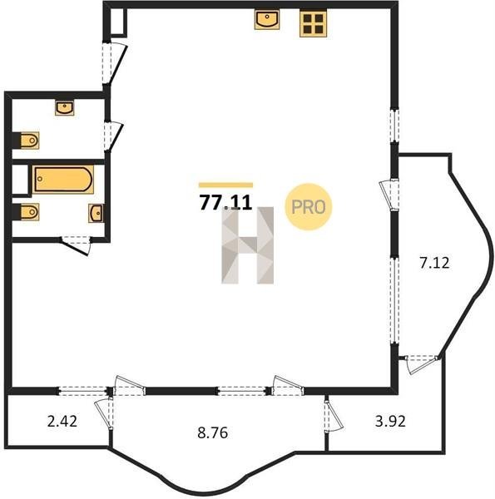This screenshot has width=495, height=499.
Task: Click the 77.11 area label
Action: click(x=225, y=202)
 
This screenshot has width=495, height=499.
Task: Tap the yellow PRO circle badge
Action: click(x=308, y=207)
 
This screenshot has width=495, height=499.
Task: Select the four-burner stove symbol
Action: click(x=314, y=24)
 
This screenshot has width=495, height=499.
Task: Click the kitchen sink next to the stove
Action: click(x=267, y=19)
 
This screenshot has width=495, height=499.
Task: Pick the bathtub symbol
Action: click(x=63, y=179)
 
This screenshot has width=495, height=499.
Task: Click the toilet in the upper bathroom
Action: click(x=30, y=141)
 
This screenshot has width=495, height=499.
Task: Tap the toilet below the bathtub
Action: click(x=30, y=211)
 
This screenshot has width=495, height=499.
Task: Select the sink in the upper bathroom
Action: click(x=65, y=107)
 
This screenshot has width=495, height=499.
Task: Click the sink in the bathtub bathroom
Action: click(x=96, y=213)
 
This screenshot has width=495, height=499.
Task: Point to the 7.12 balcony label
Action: click(x=434, y=263)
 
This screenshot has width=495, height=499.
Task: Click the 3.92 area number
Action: click(x=390, y=422)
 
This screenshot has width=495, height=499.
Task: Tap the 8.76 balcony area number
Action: click(x=213, y=433)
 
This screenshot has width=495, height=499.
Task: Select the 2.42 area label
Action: click(x=62, y=422)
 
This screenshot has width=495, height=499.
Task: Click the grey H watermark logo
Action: click(x=248, y=245)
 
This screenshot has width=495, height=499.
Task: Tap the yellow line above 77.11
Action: click(x=225, y=185)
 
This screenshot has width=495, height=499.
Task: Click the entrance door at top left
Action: click(x=115, y=64)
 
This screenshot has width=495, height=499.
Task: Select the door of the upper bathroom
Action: click(x=113, y=136)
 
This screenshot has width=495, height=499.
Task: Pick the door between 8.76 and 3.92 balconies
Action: click(x=333, y=416)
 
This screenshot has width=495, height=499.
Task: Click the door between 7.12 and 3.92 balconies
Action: click(x=422, y=363)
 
